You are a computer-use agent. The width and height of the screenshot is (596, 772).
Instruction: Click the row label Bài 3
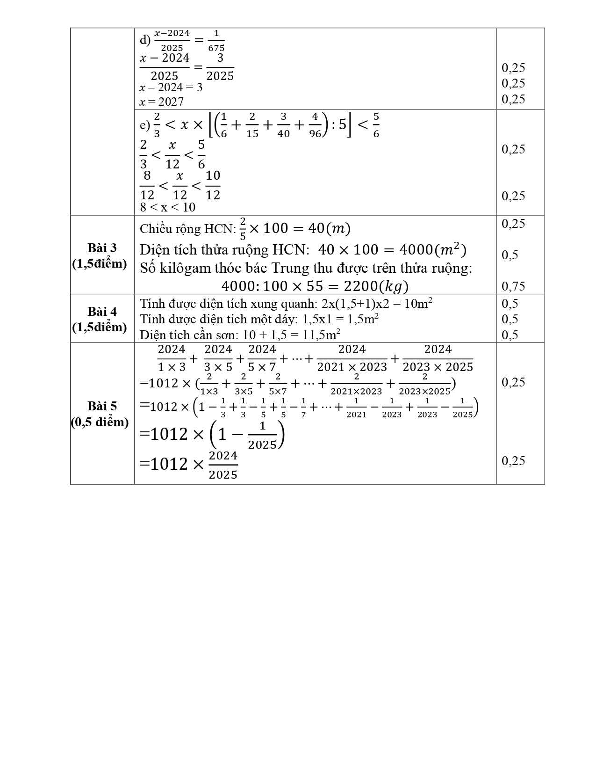[x=102, y=248]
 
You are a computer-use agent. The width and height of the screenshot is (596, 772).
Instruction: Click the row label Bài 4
[x=102, y=312]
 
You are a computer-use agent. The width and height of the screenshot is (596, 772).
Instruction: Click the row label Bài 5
[x=102, y=406]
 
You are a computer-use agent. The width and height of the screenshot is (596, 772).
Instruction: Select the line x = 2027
[x=162, y=102]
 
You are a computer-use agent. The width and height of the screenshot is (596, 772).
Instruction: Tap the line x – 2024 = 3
[x=171, y=87]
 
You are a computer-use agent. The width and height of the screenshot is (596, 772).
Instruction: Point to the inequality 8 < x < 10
[x=167, y=207]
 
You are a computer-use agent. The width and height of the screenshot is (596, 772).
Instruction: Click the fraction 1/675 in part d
[x=216, y=41]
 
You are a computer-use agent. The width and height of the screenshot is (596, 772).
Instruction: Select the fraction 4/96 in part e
[x=315, y=125]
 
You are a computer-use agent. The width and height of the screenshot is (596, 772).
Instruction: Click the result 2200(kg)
[x=376, y=286]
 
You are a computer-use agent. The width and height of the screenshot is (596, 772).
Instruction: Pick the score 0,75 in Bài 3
[x=513, y=286]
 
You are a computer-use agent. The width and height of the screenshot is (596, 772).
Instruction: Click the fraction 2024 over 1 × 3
[x=172, y=358]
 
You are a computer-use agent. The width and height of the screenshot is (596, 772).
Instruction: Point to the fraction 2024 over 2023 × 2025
[x=438, y=358]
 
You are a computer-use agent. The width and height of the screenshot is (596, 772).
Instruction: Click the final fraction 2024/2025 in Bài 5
[x=223, y=465]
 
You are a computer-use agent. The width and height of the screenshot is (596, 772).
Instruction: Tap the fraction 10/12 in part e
[x=213, y=185]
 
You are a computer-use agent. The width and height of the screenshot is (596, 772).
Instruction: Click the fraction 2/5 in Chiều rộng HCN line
[x=243, y=229]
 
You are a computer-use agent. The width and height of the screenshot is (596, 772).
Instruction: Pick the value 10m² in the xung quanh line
[x=418, y=304]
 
